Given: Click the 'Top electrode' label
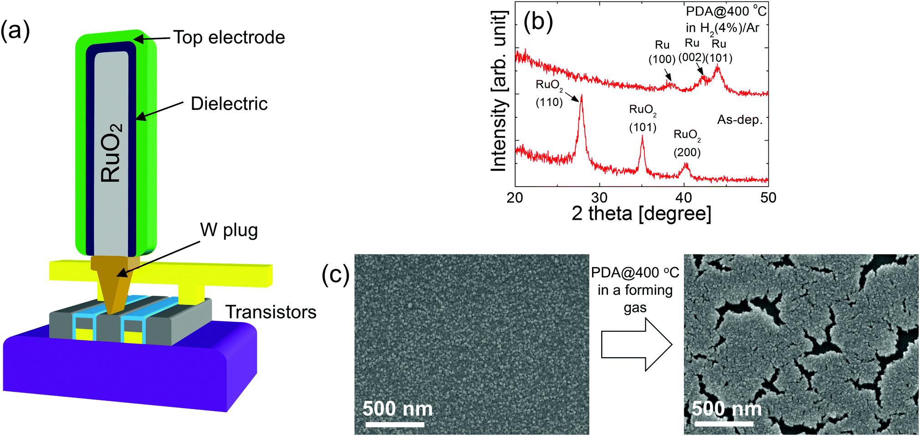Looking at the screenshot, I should [229, 37].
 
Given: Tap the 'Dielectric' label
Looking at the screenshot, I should [229, 104].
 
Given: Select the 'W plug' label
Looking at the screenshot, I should [229, 230].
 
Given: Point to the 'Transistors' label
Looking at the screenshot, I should [271, 312].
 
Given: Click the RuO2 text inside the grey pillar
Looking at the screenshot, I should [111, 152].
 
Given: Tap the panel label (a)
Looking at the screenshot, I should [15, 31].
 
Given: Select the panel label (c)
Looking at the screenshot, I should [335, 275].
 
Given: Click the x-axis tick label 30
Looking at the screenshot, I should [599, 198].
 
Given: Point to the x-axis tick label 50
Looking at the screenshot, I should [768, 198].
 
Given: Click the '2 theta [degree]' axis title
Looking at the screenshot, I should [641, 213].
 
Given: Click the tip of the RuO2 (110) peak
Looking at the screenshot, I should [581, 96].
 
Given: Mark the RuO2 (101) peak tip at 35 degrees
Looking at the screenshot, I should [642, 137].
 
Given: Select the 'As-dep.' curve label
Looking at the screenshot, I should [740, 120].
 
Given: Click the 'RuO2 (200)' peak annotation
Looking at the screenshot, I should [687, 143].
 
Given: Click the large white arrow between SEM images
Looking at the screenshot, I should [636, 345].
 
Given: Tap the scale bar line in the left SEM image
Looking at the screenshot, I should [394, 425].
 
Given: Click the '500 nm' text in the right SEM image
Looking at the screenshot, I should [726, 409].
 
